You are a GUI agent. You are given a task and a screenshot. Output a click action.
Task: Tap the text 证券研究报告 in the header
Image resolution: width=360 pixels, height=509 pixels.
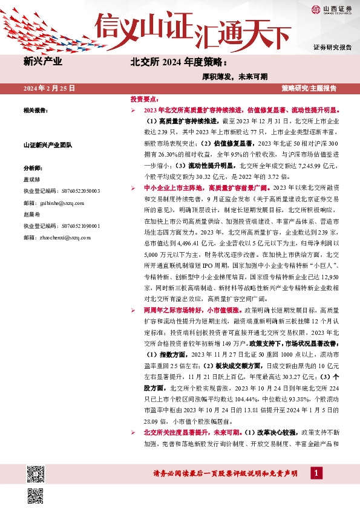pyautogui.click(x=332, y=47)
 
